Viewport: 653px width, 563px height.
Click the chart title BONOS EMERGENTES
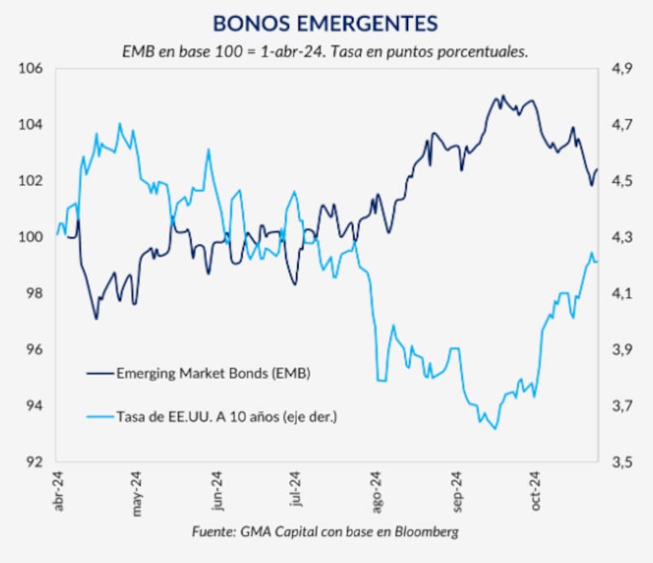[324, 23]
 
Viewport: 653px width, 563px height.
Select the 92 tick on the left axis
[33, 462]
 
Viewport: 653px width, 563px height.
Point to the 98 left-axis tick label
[33, 294]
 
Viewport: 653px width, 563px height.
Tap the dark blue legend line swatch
[99, 374]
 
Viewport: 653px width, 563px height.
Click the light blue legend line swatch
[99, 417]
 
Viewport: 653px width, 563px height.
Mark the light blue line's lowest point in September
[496, 428]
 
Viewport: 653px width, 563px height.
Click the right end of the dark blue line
[597, 170]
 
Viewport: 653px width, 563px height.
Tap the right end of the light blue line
[597, 261]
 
